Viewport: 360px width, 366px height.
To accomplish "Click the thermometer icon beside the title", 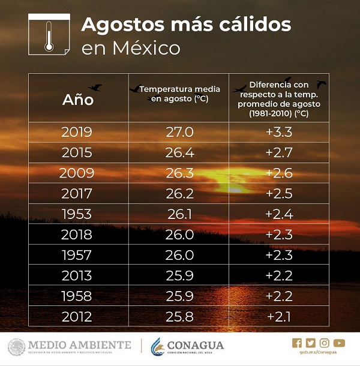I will pos(48,35).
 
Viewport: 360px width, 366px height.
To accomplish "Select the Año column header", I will pos(78,100).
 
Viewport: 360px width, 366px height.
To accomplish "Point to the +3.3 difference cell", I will pos(279,132).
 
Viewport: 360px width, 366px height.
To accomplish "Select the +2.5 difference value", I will pos(279,193).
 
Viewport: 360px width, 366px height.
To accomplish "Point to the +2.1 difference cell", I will pos(279,316).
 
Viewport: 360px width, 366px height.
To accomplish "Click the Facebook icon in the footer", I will pos(296,343).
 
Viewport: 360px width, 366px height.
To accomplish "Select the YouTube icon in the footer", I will pos(340,343).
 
